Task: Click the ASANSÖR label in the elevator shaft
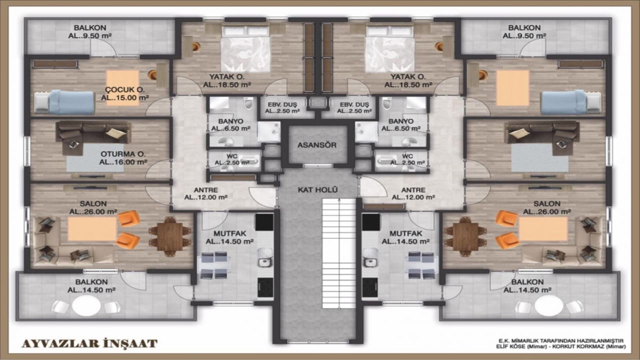[x=317, y=145]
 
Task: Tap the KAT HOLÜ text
[x=317, y=189]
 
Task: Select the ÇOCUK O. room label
[x=125, y=89]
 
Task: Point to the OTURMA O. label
[x=123, y=154]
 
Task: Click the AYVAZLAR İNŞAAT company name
[x=89, y=343]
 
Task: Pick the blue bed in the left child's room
[x=64, y=102]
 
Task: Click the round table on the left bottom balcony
[x=86, y=305]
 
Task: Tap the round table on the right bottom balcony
[x=549, y=305]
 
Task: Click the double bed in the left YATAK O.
[x=245, y=49]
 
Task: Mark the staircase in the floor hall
[x=339, y=253]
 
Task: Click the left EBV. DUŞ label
[x=282, y=104]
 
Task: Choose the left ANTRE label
[x=205, y=189]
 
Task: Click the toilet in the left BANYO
[x=248, y=103]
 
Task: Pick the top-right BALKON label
[x=524, y=27]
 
